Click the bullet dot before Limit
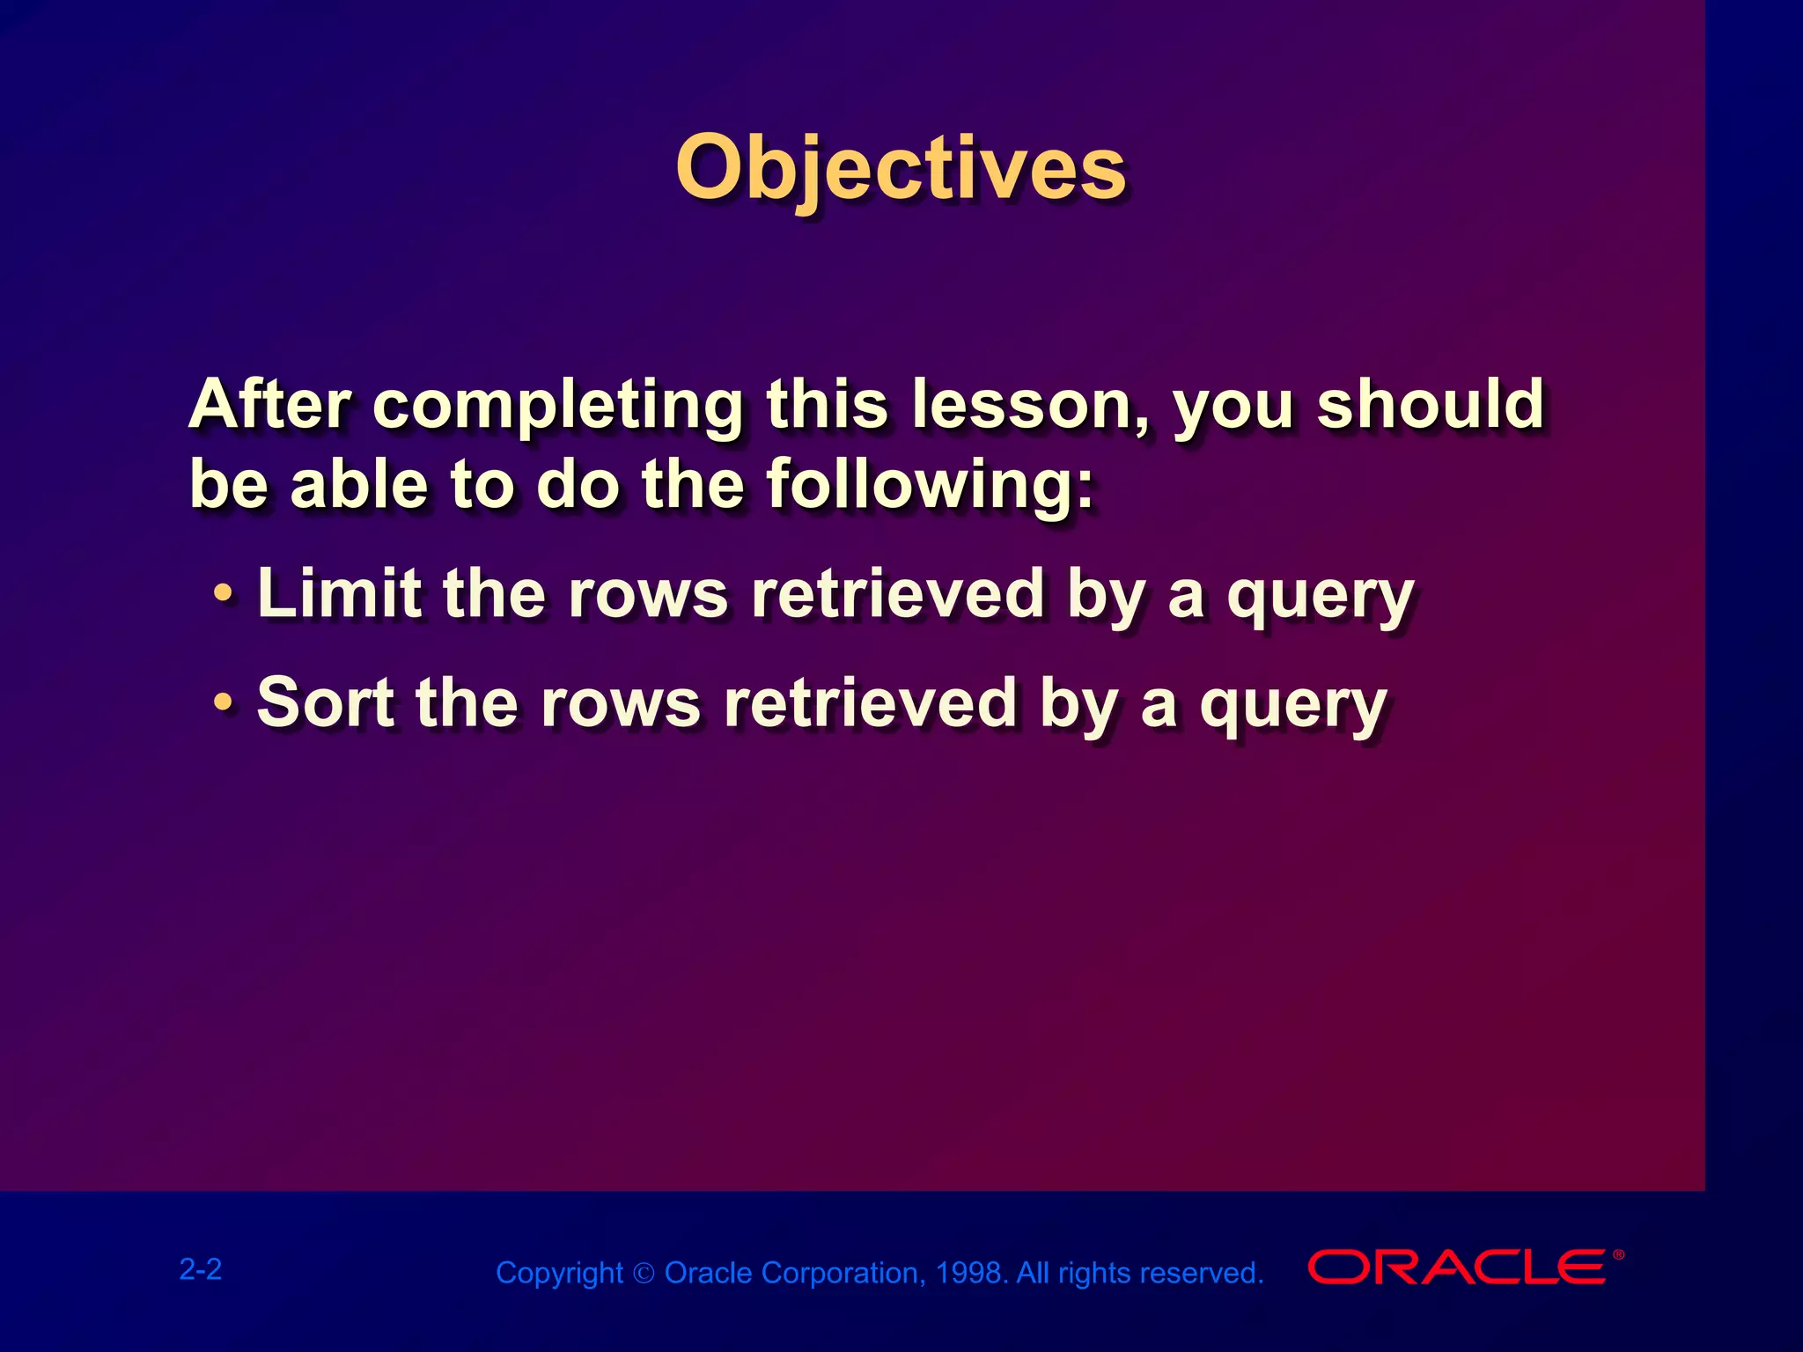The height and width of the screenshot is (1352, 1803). [224, 595]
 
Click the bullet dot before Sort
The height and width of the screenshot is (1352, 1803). [224, 703]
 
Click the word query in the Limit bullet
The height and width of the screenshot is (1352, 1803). [1321, 597]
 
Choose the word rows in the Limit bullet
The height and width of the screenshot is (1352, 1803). [648, 595]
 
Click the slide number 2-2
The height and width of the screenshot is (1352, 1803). [201, 1269]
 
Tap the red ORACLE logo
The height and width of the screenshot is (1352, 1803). [1456, 1267]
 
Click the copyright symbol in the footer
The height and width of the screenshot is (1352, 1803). [644, 1274]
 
